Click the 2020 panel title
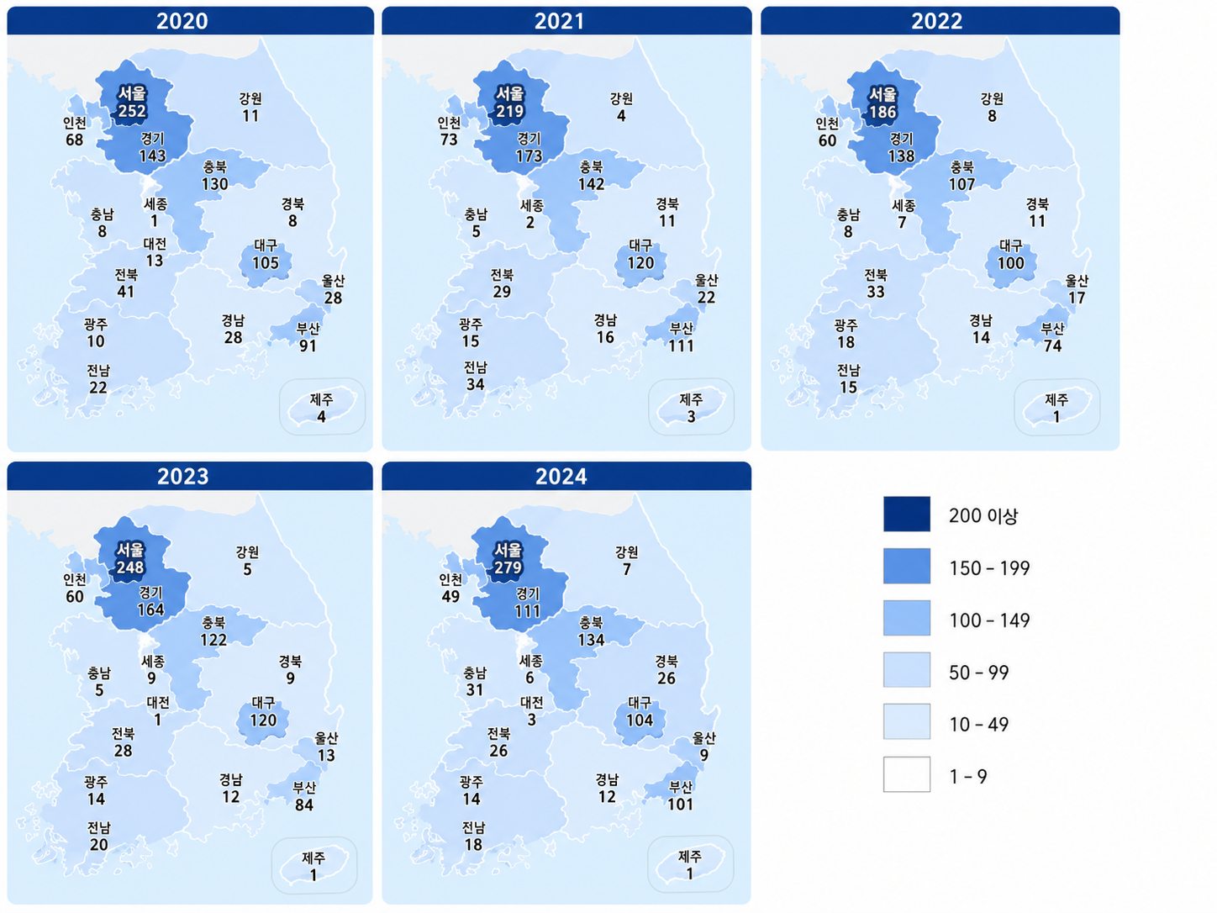(182, 21)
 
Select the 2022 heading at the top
(936, 21)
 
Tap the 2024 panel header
(561, 477)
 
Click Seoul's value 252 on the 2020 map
(132, 111)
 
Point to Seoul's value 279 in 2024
(508, 567)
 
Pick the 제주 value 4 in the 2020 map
(321, 417)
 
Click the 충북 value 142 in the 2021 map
(591, 184)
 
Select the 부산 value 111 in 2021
(681, 346)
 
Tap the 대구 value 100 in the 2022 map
(1011, 263)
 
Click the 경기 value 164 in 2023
(150, 610)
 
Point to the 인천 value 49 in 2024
(450, 596)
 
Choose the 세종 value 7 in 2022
(902, 222)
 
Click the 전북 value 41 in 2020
(125, 292)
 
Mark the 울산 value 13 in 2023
(326, 755)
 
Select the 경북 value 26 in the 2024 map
(666, 678)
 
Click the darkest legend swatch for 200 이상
(907, 514)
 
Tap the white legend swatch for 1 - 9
(907, 773)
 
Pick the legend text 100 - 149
(989, 620)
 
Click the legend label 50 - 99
(978, 673)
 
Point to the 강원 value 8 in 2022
(992, 116)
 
